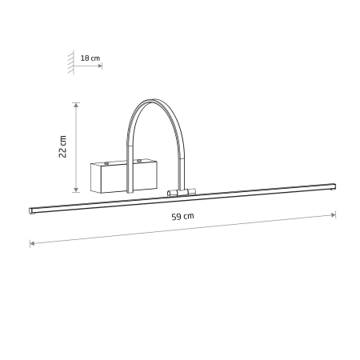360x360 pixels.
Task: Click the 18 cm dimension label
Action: click(x=90, y=58)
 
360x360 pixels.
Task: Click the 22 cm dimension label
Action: click(x=62, y=146)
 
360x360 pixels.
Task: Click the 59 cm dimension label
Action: click(x=182, y=216)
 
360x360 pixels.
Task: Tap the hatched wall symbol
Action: click(x=71, y=62)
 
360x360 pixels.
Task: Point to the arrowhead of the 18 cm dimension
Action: click(x=100, y=66)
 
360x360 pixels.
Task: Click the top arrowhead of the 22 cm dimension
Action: click(x=76, y=105)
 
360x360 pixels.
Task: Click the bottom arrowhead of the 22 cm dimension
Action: click(x=76, y=190)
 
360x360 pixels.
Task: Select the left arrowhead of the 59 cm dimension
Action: click(x=32, y=243)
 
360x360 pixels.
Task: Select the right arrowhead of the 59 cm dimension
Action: click(x=334, y=214)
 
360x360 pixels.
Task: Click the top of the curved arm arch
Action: click(x=152, y=101)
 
